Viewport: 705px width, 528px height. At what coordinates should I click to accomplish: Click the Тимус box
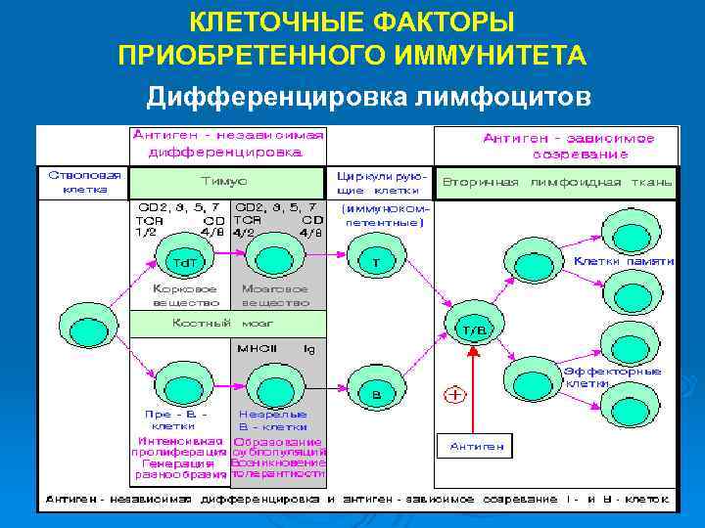226,182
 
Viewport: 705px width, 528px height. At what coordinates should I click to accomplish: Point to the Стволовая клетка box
82,182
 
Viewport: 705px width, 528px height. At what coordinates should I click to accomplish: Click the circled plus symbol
455,394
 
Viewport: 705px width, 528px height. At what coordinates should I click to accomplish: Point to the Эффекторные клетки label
612,377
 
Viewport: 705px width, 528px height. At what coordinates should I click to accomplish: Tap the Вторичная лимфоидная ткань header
556,182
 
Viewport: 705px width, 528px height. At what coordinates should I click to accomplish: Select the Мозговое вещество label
274,296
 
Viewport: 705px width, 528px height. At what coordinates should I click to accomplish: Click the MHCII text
256,347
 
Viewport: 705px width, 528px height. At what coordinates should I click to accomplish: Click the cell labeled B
376,391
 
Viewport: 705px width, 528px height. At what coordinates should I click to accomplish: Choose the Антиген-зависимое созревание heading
553,147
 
